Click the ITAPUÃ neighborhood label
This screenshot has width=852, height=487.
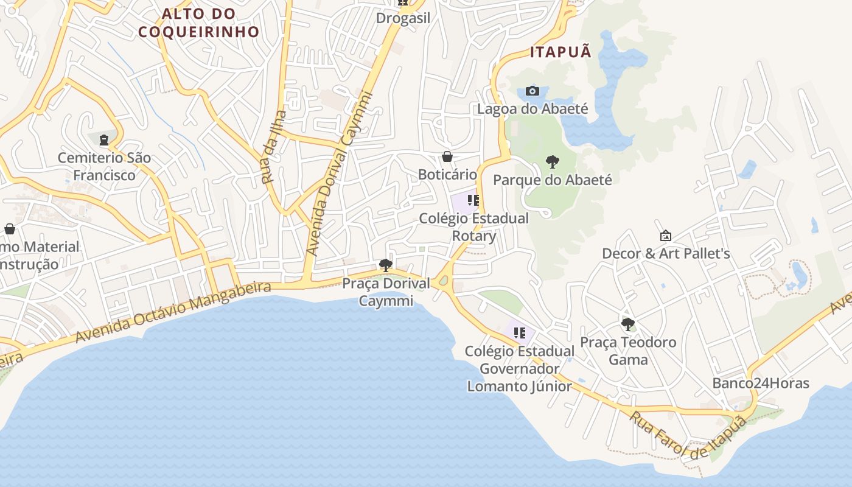click(x=560, y=52)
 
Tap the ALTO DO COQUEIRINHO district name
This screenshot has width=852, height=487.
click(x=198, y=23)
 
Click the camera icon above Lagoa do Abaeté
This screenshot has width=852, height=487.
click(x=532, y=91)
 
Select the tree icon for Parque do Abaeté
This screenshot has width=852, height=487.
click(x=553, y=162)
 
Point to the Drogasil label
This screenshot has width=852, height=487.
click(x=403, y=18)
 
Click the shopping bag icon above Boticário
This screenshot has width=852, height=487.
click(x=447, y=157)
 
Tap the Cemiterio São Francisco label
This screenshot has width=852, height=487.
click(x=104, y=166)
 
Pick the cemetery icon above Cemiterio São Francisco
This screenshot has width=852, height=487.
click(x=104, y=141)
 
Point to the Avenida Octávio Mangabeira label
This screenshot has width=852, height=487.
click(x=173, y=312)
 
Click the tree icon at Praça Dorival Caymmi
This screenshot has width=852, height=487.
click(x=385, y=265)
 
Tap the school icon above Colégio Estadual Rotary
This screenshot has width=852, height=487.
click(x=473, y=200)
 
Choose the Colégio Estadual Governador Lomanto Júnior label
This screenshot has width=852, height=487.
click(x=520, y=368)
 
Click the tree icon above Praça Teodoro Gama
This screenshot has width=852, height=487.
click(x=628, y=324)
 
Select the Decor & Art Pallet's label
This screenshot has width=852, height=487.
click(x=666, y=253)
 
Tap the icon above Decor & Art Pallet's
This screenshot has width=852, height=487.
click(x=666, y=236)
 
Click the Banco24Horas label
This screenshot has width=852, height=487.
click(x=761, y=384)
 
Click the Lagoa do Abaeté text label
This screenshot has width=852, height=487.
click(x=532, y=109)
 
